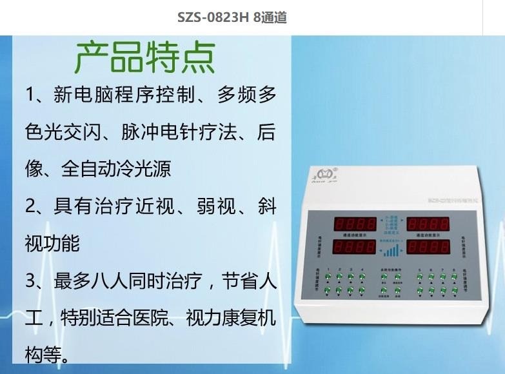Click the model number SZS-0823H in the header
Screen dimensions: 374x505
pos(213,17)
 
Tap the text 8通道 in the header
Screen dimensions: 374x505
pos(270,17)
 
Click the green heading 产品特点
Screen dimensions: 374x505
pos(145,57)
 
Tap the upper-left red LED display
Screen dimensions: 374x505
pos(354,224)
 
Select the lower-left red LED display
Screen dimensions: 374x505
pos(354,247)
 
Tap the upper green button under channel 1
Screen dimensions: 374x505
pos(329,277)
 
